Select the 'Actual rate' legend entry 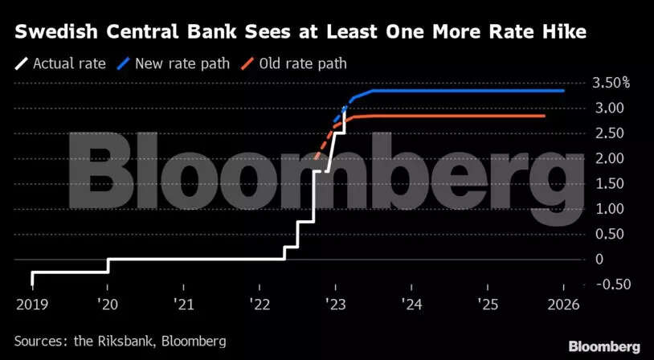coord(60,63)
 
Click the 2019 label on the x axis coord(32,306)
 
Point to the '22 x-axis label coord(260,306)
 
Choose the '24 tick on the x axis coord(411,306)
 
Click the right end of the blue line coord(562,91)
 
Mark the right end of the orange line coord(544,116)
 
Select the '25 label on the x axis coord(487,306)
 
